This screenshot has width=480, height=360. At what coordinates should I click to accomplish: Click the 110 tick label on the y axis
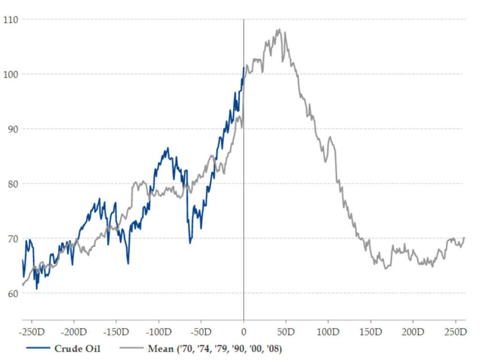tap(11, 20)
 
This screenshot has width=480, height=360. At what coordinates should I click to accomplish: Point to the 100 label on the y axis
tap(11, 75)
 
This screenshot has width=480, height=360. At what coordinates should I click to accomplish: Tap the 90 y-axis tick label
tap(13, 129)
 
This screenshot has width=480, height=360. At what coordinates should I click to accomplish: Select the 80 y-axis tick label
tap(13, 184)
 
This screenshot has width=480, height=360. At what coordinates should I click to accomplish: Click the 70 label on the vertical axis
tap(13, 239)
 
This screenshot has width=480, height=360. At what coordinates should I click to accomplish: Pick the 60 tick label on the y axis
tap(13, 293)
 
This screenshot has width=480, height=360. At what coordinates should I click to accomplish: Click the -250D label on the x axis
tap(32, 332)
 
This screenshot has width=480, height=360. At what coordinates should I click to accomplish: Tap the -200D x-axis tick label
tap(74, 332)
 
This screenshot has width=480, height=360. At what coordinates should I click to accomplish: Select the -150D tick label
tap(116, 332)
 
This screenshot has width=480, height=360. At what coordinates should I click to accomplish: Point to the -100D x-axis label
tap(158, 332)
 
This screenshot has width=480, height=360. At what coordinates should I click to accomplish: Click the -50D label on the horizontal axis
tap(201, 332)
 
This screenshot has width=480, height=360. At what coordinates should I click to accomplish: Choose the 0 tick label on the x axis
tap(244, 332)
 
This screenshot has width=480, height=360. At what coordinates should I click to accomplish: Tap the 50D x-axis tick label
tap(286, 332)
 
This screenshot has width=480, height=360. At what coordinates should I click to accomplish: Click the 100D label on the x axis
tap(328, 332)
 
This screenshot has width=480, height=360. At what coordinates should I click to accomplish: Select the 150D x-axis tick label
tap(371, 332)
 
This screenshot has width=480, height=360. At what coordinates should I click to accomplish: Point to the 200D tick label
tap(413, 332)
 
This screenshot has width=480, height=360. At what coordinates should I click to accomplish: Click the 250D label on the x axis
tap(456, 332)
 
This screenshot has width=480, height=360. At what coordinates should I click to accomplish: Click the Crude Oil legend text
tap(77, 349)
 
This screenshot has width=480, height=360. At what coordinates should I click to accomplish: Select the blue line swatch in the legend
tap(38, 348)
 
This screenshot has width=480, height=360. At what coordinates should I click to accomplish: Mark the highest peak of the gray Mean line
tap(279, 30)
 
